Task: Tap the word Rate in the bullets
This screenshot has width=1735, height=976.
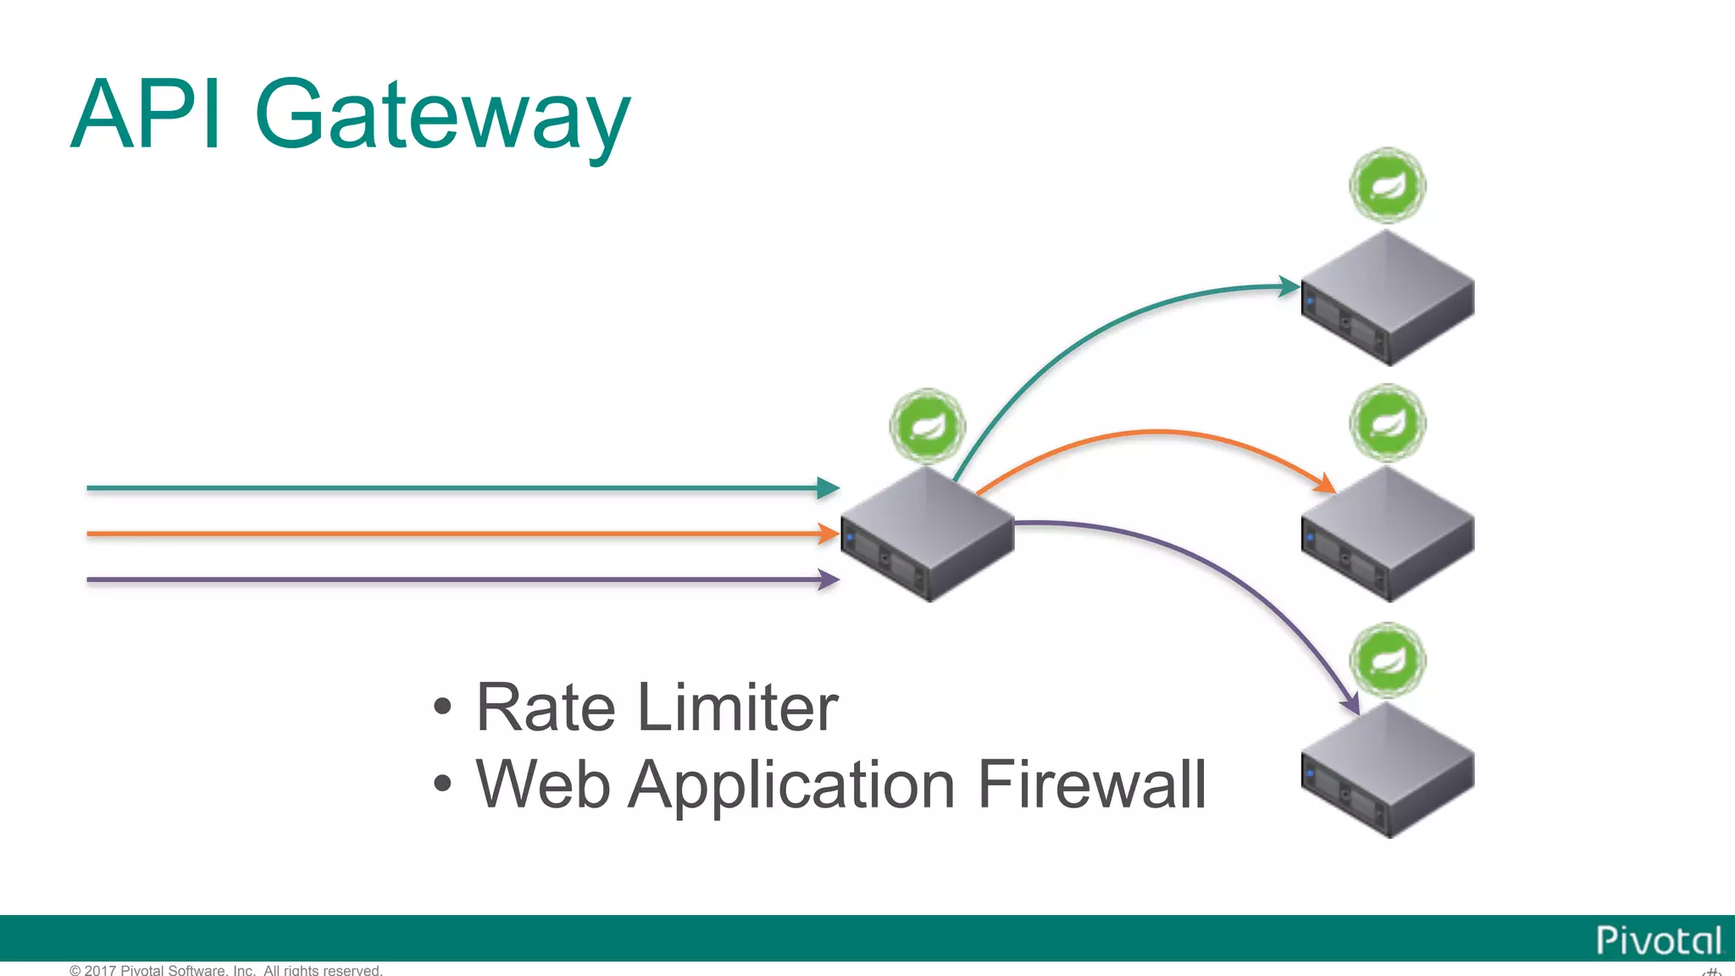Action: click(546, 707)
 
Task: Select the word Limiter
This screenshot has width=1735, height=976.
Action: click(737, 707)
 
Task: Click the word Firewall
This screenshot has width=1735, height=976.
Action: click(1092, 785)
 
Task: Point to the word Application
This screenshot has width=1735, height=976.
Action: click(793, 786)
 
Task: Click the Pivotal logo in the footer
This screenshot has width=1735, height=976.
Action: click(1658, 940)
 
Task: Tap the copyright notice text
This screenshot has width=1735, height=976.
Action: click(226, 970)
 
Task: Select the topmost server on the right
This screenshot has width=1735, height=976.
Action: click(1388, 298)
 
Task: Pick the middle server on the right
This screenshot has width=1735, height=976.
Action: click(1388, 535)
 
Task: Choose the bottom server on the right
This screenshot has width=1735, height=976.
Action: click(1388, 771)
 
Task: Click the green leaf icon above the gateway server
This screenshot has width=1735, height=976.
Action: click(928, 426)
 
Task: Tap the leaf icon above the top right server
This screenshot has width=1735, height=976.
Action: click(1388, 185)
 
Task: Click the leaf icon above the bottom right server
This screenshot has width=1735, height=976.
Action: click(1388, 660)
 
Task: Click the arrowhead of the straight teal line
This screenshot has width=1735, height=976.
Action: click(828, 488)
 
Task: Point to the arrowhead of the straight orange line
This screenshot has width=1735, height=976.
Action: click(828, 534)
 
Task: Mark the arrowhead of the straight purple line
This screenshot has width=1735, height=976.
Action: click(828, 579)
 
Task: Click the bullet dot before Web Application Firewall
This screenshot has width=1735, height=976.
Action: click(442, 784)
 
